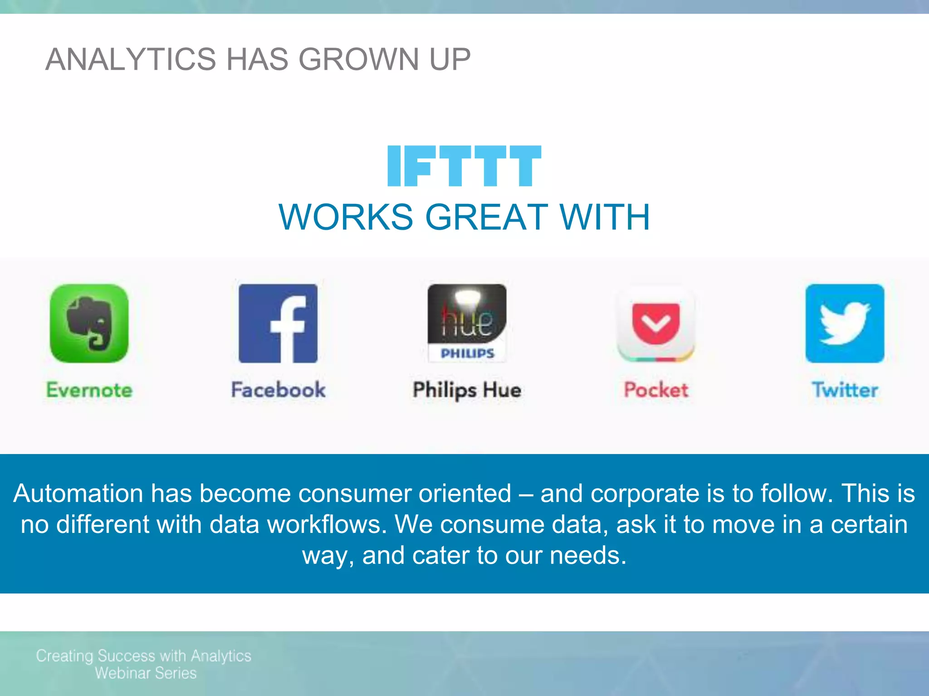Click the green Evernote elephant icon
[x=89, y=323]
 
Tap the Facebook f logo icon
[x=278, y=323]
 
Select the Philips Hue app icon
[x=467, y=323]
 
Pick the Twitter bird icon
[x=845, y=323]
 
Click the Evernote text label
[x=89, y=390]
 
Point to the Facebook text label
[x=278, y=390]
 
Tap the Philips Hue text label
[x=467, y=390]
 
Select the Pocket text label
[x=656, y=390]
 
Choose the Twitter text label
[x=845, y=390]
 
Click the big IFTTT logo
[x=464, y=166]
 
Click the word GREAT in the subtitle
[x=486, y=217]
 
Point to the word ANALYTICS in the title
[x=131, y=59]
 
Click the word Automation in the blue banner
[x=78, y=493]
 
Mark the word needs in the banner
[x=588, y=556]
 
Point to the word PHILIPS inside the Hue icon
[x=467, y=353]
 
